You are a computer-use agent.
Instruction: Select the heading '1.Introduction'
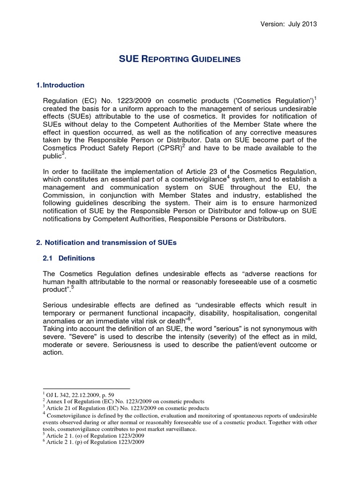pyautogui.click(x=60, y=85)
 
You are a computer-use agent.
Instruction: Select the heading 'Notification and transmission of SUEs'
pyautogui.click(x=109, y=242)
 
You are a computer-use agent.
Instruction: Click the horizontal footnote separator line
pyautogui.click(x=86, y=389)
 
